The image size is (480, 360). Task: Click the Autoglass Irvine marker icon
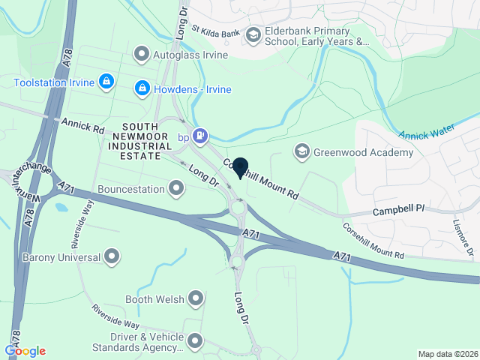point(141,54)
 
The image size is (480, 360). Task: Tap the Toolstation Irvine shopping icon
point(106,80)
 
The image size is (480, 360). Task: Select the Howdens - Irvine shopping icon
point(141,89)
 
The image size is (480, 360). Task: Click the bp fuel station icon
point(199,136)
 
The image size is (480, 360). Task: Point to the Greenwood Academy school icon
point(301,152)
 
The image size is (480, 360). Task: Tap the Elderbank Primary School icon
point(253,34)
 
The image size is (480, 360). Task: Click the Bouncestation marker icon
point(176,187)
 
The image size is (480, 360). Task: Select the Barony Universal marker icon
point(112,257)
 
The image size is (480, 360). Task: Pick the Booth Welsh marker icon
point(196,299)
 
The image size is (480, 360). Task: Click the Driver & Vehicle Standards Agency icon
point(196,341)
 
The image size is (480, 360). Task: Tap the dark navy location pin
point(241,166)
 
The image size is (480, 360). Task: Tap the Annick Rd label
point(83,124)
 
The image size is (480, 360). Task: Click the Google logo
point(25,351)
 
